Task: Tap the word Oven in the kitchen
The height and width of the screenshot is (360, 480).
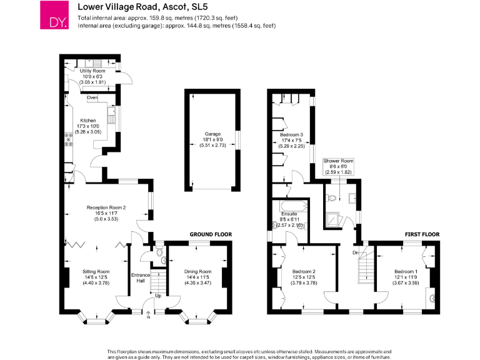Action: (x=92, y=97)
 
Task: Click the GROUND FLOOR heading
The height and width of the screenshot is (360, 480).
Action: (x=211, y=235)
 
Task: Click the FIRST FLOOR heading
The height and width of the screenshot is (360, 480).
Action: (x=422, y=235)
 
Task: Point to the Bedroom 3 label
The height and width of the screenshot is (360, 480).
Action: (x=292, y=140)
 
